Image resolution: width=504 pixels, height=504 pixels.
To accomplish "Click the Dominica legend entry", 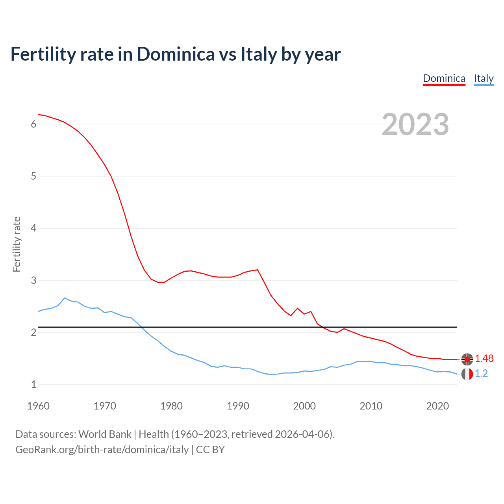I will coord(444,78).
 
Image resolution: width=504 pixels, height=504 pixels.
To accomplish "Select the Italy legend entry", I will coord(484,78).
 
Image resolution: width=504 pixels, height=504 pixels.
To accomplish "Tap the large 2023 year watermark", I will coord(415,124).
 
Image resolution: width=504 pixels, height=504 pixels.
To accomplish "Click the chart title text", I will coord(176,54).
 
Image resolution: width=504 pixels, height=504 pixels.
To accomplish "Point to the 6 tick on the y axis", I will coord(33,124).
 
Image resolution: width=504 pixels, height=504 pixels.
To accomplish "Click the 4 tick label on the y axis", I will coord(33,228).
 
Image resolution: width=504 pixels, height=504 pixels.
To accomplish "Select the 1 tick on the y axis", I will coord(33,385).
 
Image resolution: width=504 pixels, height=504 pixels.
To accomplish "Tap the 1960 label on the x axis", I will coord(38,406).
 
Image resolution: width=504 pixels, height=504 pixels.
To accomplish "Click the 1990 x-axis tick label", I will coord(238,406).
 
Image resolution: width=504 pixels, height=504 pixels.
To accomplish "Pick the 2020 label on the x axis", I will coord(437,406).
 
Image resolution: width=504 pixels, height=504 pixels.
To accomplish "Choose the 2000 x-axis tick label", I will coord(304,406).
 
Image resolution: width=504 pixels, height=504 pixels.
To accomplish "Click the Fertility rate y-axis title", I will coord(17,244).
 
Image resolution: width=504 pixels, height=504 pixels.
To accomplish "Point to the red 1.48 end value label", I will coord(484,359).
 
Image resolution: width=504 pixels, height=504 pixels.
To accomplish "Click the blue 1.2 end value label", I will coord(481,374).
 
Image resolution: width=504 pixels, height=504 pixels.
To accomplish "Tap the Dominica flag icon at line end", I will coord(467,359).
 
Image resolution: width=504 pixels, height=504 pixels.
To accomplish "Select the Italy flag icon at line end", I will coord(467,374).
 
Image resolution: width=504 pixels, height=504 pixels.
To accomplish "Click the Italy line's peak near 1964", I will coord(65,298).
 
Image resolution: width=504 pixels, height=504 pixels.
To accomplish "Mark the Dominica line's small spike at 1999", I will coord(298,308).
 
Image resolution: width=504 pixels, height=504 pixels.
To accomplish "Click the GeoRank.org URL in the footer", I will coord(102,450).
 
